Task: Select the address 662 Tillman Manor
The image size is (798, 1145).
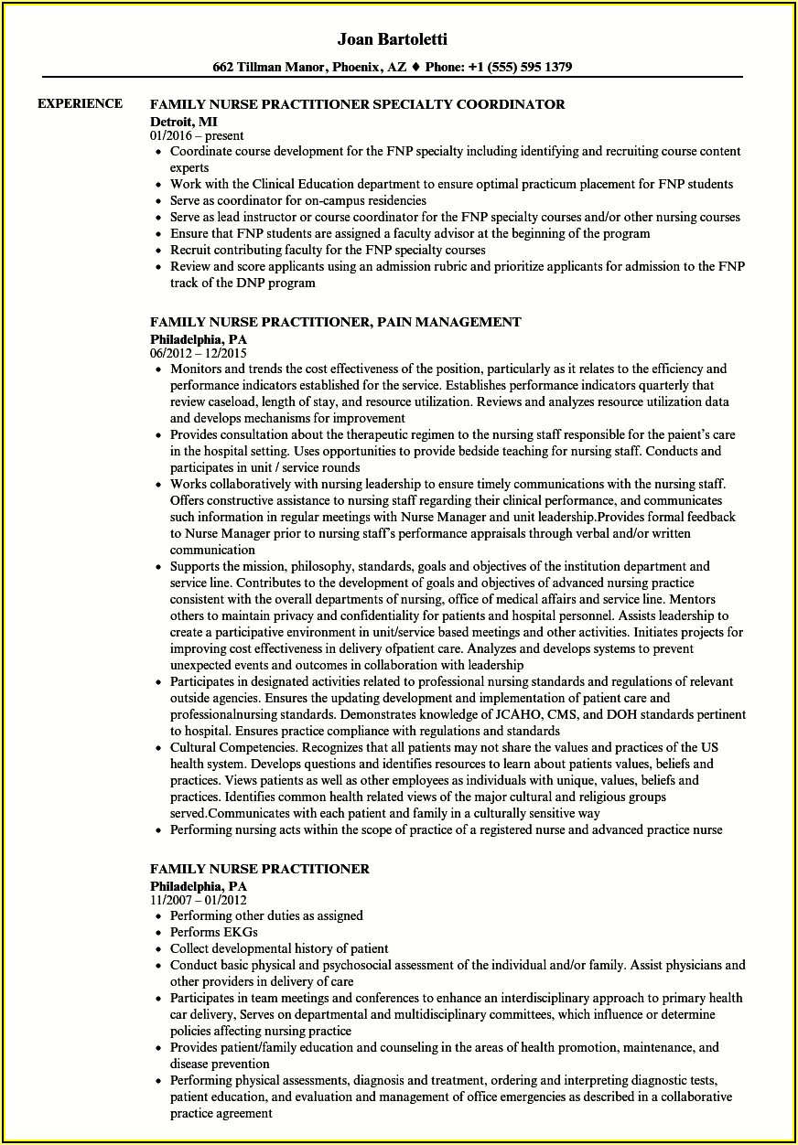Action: tap(270, 67)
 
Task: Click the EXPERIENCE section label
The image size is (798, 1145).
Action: tap(81, 103)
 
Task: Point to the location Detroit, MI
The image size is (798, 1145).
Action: tap(184, 121)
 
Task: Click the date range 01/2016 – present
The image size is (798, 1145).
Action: tap(197, 135)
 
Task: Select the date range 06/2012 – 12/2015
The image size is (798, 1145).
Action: tap(199, 353)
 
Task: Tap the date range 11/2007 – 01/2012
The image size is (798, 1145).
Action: tap(199, 900)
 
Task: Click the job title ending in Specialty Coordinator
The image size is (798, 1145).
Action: tap(358, 104)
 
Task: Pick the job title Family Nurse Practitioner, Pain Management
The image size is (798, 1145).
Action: tap(336, 322)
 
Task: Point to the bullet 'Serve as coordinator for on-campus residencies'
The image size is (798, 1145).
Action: tap(298, 200)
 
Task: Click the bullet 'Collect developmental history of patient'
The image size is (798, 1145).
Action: tap(279, 948)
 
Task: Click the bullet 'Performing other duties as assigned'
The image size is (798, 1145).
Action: tap(266, 915)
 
